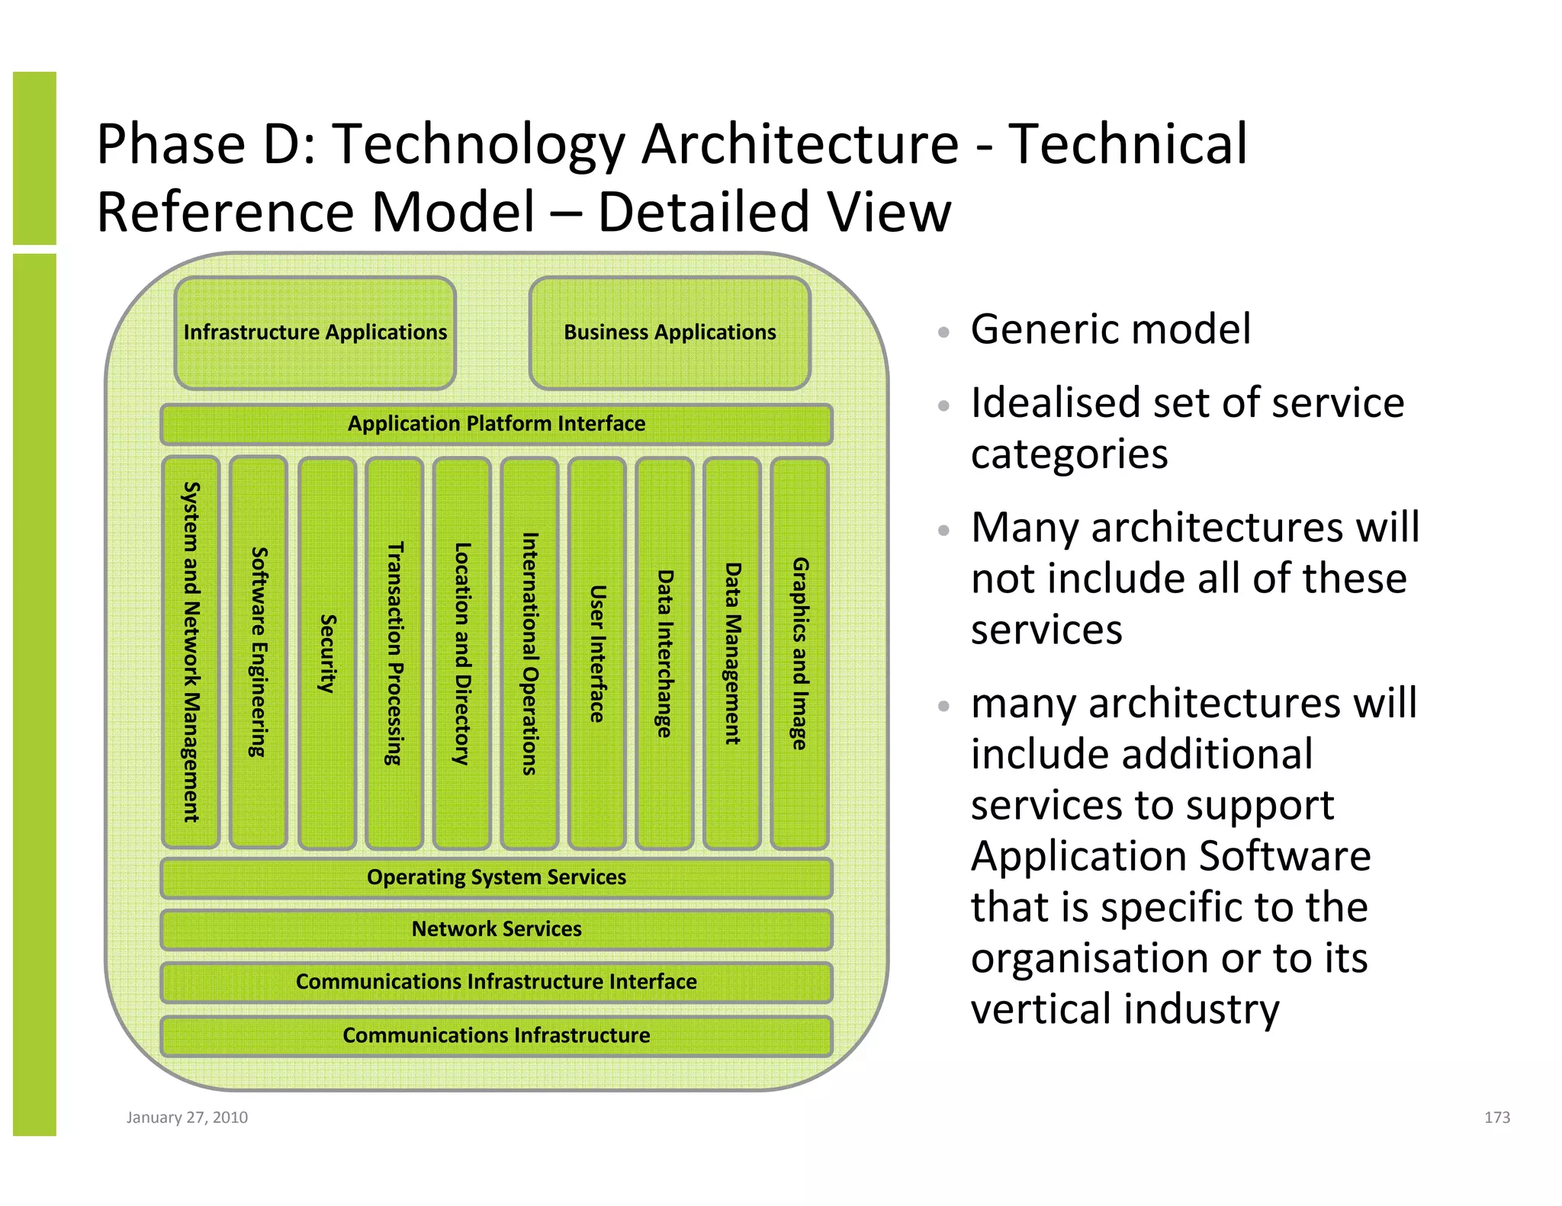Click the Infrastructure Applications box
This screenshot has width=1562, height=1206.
(315, 333)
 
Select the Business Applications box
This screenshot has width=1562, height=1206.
(670, 333)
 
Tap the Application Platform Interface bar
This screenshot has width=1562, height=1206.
(497, 424)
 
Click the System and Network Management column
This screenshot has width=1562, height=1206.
(191, 653)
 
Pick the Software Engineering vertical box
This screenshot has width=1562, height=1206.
(259, 653)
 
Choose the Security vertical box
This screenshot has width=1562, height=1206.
(327, 653)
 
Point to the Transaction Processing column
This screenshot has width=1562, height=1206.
(394, 653)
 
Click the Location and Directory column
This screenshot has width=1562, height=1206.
(462, 653)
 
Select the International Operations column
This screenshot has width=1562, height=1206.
(529, 653)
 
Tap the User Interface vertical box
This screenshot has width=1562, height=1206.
(597, 653)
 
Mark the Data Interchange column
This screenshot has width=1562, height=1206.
(664, 653)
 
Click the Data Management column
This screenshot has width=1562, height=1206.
(732, 653)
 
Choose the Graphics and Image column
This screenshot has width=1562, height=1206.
(799, 653)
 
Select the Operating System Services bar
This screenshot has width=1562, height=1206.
(497, 877)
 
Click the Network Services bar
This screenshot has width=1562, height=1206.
(497, 929)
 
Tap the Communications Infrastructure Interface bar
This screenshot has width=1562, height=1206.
(497, 982)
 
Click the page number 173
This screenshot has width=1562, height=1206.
(1496, 1118)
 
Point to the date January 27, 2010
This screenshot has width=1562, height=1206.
(187, 1118)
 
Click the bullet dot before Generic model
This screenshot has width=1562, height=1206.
(943, 332)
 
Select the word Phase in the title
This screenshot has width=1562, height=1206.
(170, 145)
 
